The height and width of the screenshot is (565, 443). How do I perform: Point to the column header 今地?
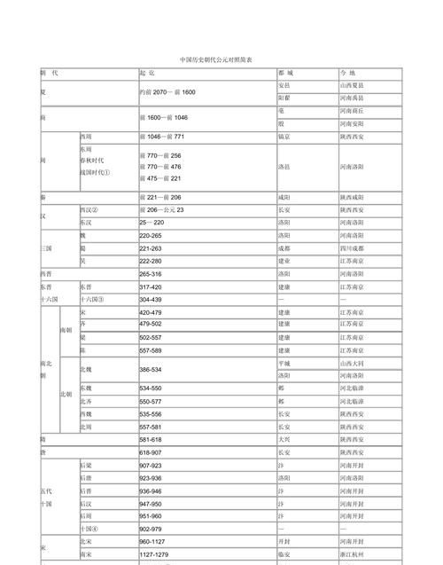coord(346,72)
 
